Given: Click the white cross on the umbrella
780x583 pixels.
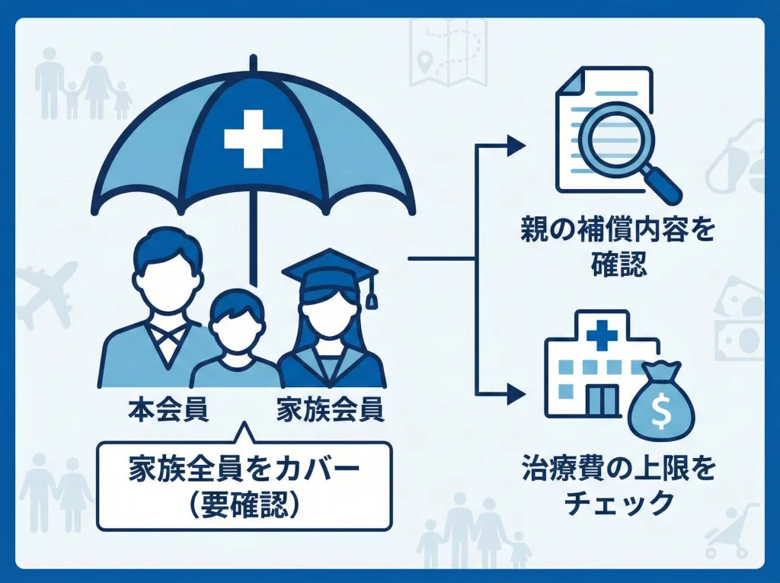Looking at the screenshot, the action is point(253,138).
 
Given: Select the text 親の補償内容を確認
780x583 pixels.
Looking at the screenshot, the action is point(618,246).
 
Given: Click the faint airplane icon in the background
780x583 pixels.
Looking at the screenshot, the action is point(47,293).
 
